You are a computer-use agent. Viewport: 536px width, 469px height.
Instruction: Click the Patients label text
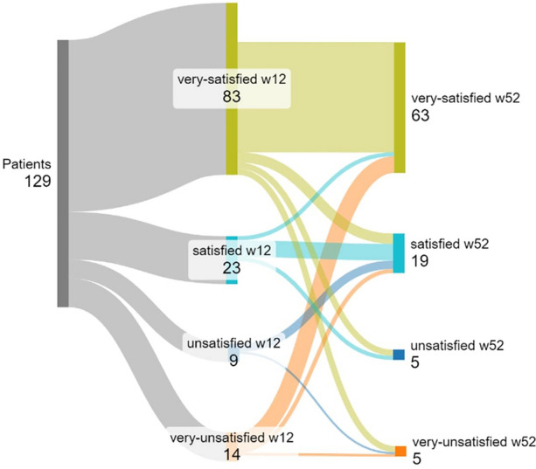tap(26, 164)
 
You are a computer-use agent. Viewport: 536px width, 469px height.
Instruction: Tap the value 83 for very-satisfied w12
tap(232, 96)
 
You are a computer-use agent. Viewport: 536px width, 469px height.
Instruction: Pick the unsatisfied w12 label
tap(233, 342)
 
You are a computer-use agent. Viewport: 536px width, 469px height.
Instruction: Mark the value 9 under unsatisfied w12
tap(233, 359)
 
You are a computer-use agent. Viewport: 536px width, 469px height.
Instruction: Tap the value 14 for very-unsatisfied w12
tap(233, 452)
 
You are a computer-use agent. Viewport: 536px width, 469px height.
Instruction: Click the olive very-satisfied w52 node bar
tap(400, 107)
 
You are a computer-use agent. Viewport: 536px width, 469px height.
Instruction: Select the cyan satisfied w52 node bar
tap(399, 253)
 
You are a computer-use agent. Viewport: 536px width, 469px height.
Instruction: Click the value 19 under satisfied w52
tap(421, 261)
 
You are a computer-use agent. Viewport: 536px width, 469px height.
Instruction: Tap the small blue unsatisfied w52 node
tap(399, 355)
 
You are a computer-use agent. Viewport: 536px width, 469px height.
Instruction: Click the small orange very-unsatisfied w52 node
tap(400, 451)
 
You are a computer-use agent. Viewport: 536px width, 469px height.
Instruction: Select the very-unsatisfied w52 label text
tap(472, 441)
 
